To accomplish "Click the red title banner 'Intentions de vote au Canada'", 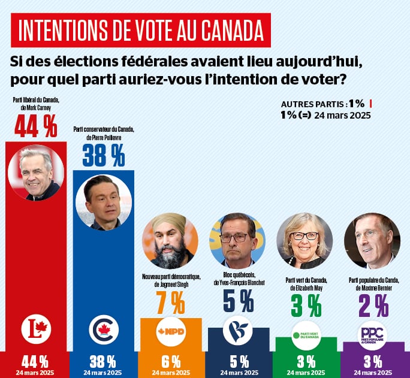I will coord(141,30).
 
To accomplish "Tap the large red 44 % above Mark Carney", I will coord(35,126).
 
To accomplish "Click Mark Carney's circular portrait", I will coord(36,173).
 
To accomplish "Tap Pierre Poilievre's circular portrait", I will coord(104,202).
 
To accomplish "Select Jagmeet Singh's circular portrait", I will coord(170,241).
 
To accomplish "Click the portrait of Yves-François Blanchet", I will coord(237,240).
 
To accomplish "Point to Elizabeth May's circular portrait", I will coord(305,241).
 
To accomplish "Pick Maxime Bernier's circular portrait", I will coord(372,241).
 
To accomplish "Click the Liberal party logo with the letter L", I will coord(36,329).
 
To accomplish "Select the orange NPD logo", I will coord(171,331).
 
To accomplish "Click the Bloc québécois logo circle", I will coord(238,330).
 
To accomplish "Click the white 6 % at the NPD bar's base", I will coord(171,361).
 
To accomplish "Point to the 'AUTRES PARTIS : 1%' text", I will coord(322,102).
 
